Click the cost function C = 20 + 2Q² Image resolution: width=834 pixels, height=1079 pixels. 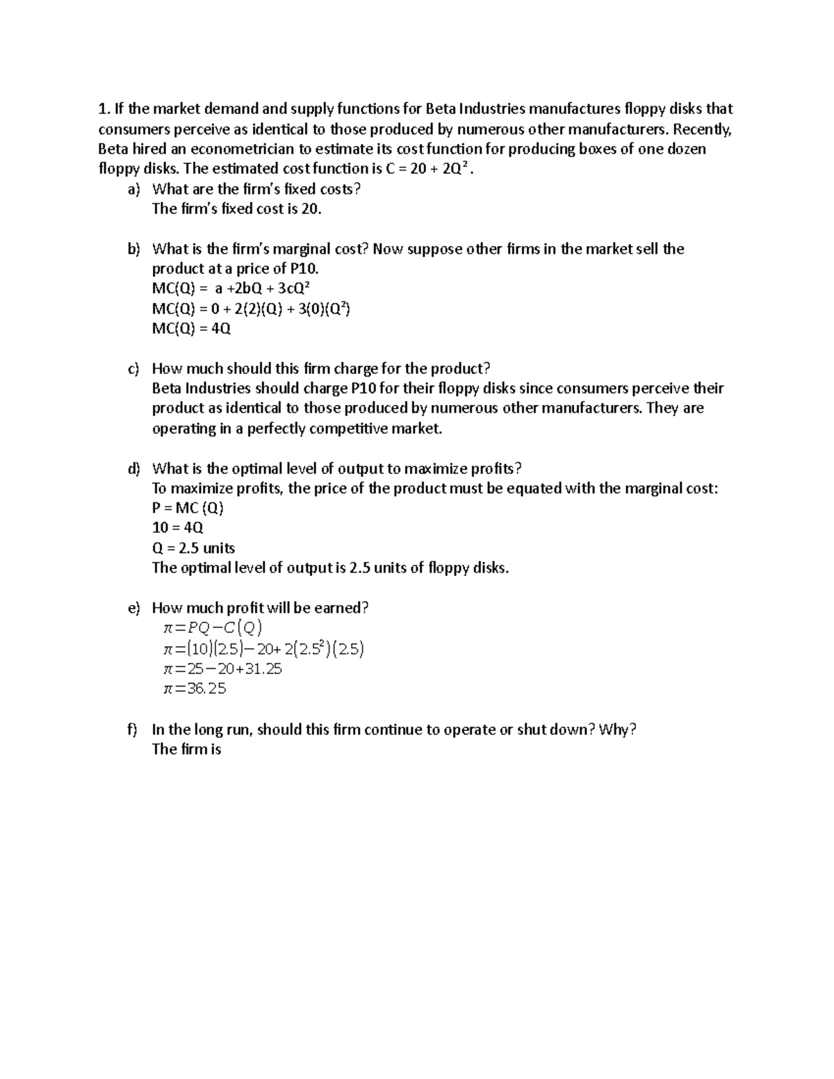click(430, 169)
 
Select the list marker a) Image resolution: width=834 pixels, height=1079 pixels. click(133, 189)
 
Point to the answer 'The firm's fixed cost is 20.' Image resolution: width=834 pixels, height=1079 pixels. click(236, 209)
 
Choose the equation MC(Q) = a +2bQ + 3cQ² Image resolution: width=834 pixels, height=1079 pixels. click(235, 289)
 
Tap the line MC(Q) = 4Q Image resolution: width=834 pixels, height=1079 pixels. click(191, 329)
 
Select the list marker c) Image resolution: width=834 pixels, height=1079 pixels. click(133, 369)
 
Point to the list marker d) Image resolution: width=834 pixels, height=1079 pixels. click(133, 468)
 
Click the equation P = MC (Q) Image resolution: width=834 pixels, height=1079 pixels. click(188, 509)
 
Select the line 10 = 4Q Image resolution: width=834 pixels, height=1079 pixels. click(178, 528)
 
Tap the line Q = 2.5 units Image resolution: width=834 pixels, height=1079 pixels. click(193, 548)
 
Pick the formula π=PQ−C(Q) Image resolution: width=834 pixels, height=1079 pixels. click(212, 629)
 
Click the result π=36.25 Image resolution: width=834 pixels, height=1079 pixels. click(194, 689)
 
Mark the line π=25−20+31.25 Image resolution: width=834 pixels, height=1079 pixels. click(222, 669)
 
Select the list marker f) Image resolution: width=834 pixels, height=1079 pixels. click(133, 730)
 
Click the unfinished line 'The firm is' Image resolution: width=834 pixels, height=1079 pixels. click(186, 749)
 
